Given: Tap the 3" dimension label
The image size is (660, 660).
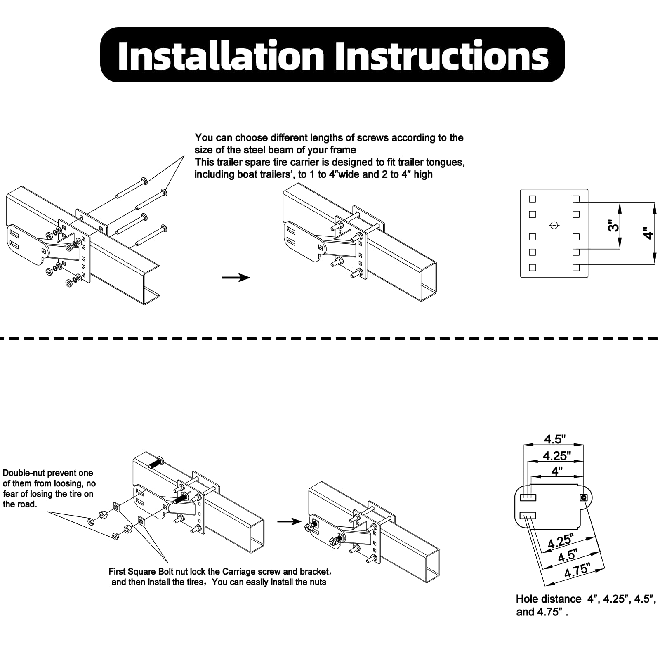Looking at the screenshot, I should point(614,226).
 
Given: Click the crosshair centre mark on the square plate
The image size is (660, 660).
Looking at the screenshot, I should point(554,225).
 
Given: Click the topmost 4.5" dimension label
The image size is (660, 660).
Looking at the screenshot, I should point(554,439).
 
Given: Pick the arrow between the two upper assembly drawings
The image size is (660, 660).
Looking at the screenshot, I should point(236,278).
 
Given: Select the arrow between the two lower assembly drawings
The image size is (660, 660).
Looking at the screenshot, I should point(289,522).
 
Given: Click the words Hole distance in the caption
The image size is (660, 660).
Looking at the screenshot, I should point(548,599).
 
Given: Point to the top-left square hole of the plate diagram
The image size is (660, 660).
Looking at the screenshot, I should point(533,199).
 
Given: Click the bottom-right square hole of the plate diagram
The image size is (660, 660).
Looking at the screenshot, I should point(576,267).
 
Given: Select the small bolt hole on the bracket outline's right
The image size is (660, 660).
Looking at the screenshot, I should point(584,497).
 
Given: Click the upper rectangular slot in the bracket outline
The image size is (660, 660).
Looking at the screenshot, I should point(528,497).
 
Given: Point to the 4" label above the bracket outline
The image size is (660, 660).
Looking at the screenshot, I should point(557,471).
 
